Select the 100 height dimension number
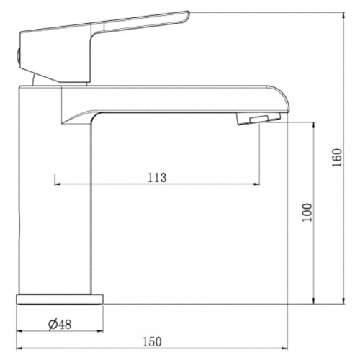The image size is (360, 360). [x=307, y=212]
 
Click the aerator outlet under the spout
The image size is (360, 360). [x=255, y=118]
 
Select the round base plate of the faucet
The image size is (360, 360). [x=60, y=298]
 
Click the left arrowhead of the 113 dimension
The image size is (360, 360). [x=57, y=184]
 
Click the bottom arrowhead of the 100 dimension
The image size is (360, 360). [x=314, y=300]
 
